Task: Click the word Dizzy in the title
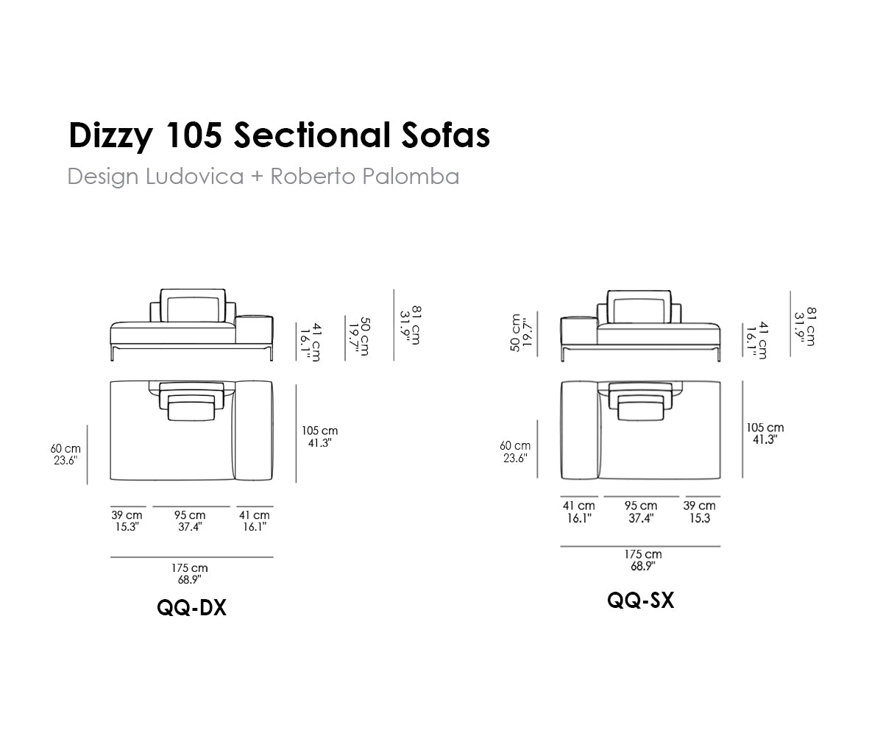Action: (111, 136)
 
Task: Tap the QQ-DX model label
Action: (191, 608)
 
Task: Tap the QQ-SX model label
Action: (640, 601)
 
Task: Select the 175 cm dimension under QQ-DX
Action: (189, 567)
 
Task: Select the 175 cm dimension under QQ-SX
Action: (643, 554)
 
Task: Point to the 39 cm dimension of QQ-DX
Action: (127, 515)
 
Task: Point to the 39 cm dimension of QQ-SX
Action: (699, 506)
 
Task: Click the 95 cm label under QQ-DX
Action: (190, 515)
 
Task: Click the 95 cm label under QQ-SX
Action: (641, 506)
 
